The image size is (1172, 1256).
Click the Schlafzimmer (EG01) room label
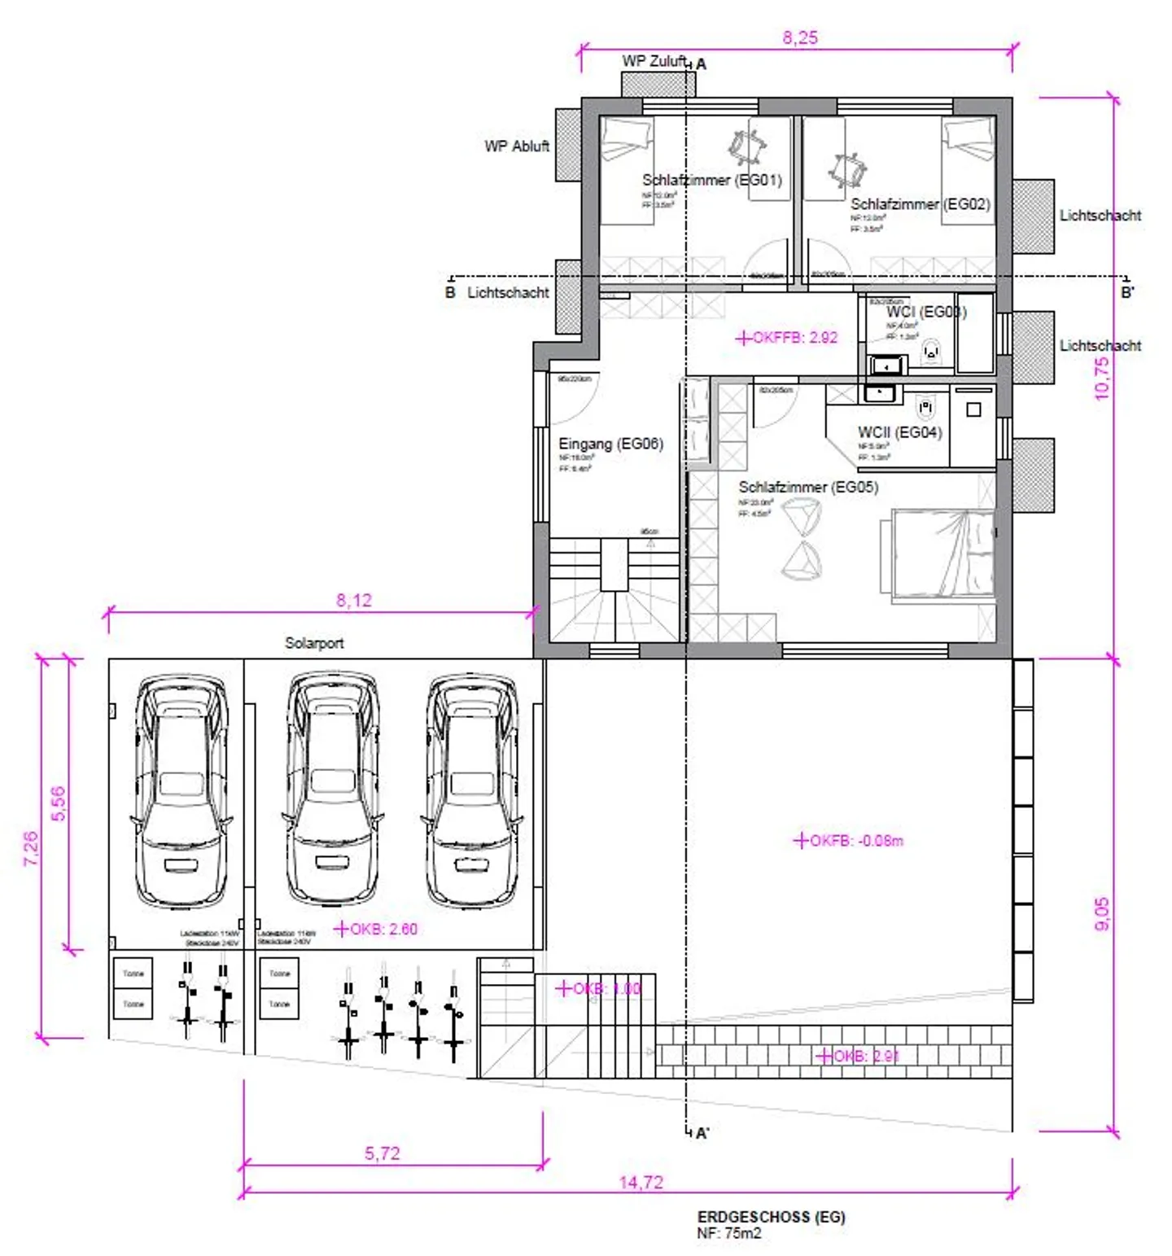pos(711,180)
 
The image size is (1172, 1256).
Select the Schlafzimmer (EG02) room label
pos(920,204)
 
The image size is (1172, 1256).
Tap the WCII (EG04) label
pos(899,432)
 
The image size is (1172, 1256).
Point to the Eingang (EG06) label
pos(610,444)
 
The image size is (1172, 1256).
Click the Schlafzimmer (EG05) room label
pos(807,487)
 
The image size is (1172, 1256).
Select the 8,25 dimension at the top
pos(799,37)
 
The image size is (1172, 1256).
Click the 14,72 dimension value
pos(641,1182)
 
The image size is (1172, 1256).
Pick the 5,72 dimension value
pos(382,1153)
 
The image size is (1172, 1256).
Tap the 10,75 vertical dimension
pos(1101,379)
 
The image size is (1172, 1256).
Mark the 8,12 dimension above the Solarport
pos(353,600)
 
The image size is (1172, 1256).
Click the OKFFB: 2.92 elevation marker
pos(787,338)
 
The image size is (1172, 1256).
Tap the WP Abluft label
pos(516,147)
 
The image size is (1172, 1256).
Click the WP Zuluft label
pos(654,61)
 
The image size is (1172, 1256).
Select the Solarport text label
pos(313,643)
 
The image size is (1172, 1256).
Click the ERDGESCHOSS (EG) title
pos(771,1217)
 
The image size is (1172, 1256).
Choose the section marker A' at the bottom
pos(702,1132)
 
